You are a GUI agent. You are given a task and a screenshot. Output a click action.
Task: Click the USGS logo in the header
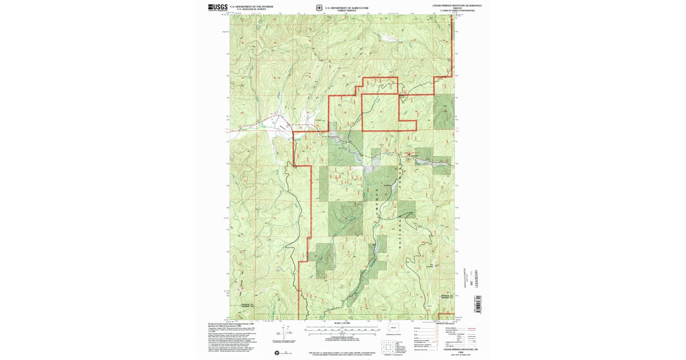tap(218, 7)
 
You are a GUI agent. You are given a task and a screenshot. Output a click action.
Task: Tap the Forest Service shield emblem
tap(318, 7)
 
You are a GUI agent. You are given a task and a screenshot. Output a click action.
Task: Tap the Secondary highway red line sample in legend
tap(472, 330)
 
